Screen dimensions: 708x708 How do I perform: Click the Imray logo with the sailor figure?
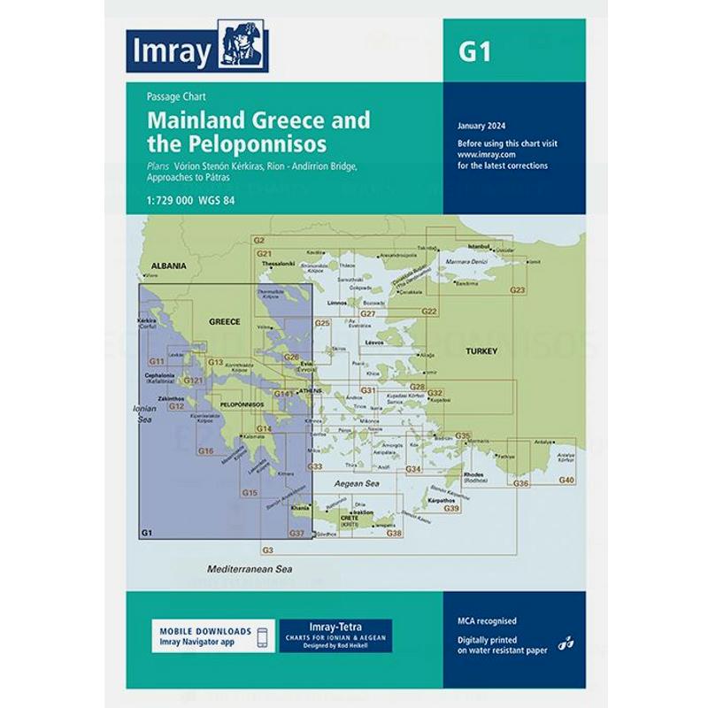point(197,51)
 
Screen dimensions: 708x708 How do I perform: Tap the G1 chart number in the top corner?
point(474,51)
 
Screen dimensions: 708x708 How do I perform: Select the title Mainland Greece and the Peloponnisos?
point(258,130)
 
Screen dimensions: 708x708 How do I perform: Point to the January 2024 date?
point(482,127)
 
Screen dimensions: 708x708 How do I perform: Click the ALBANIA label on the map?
point(168,265)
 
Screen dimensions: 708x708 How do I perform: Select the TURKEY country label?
point(481,351)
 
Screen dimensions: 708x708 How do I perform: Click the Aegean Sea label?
point(358,484)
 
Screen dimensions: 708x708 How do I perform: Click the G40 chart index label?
point(566,480)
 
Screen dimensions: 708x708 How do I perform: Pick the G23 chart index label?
point(518,291)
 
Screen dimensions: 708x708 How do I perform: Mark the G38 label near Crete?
point(394,533)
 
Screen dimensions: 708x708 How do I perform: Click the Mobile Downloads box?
point(211,635)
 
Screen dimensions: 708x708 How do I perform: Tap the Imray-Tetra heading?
point(335,627)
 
